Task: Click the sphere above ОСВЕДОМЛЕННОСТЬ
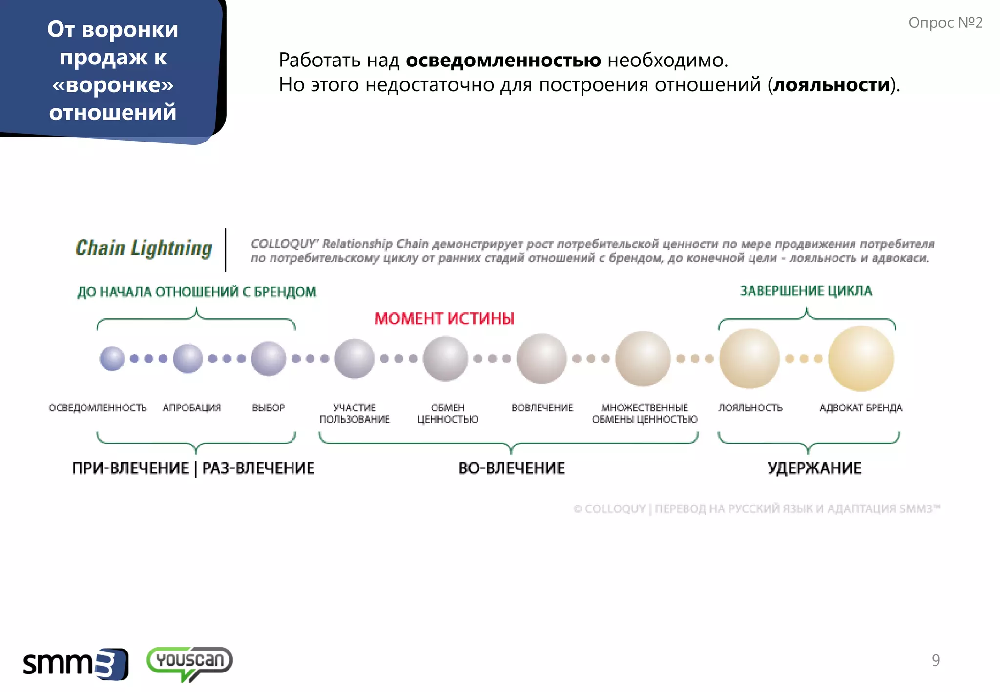[112, 359]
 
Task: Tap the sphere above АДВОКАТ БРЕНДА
[861, 359]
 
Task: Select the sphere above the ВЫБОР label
[268, 359]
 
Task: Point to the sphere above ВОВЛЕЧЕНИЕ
[542, 359]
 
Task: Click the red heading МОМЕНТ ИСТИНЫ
[444, 319]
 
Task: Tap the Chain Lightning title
[144, 248]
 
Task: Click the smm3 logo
[76, 664]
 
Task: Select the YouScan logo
[189, 663]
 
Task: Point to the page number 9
[936, 660]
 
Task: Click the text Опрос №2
[945, 23]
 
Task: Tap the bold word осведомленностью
[503, 61]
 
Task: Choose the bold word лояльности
[832, 85]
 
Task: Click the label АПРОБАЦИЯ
[192, 407]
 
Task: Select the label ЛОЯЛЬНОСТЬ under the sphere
[750, 407]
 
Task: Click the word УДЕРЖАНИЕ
[814, 468]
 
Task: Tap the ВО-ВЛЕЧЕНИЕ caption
[512, 468]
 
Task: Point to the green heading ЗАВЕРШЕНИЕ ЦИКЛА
[806, 291]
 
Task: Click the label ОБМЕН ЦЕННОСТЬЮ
[448, 413]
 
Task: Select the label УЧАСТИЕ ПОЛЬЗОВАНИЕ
[354, 413]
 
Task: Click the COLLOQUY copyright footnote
[757, 509]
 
